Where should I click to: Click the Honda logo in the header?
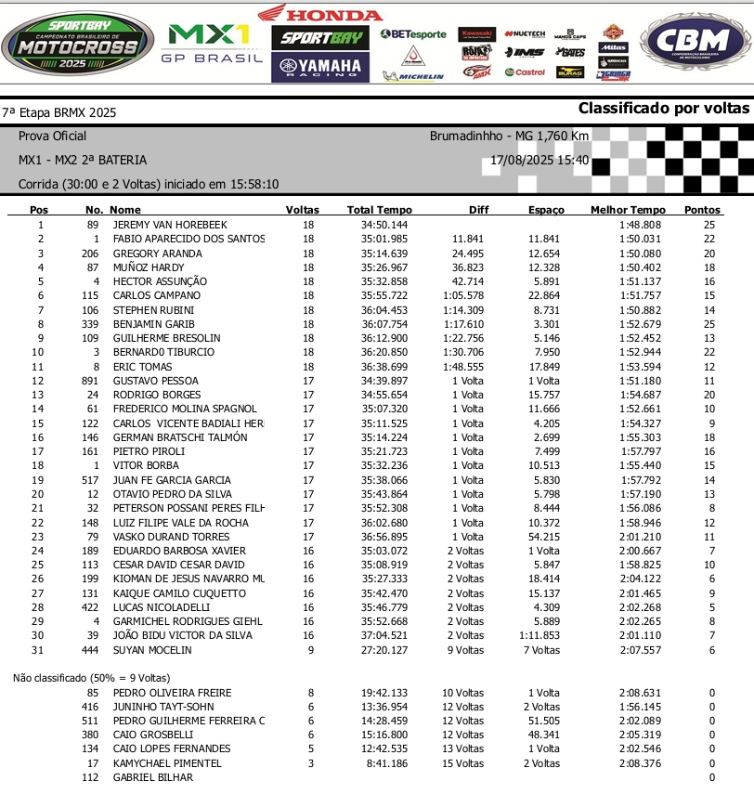[x=319, y=14]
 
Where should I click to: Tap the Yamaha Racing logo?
[x=319, y=66]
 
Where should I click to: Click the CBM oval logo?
[x=695, y=44]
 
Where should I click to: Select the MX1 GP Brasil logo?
[x=207, y=44]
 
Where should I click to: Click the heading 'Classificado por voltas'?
[x=663, y=109]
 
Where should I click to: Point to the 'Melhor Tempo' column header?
[x=628, y=210]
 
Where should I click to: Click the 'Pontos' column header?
[x=702, y=210]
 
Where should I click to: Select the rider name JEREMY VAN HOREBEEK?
[x=170, y=225]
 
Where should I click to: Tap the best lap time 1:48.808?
[x=641, y=225]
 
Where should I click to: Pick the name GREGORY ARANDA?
[x=157, y=254]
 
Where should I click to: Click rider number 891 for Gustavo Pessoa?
[x=90, y=381]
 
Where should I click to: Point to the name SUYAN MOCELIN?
[x=152, y=650]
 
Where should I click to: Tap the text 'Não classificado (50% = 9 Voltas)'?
[x=91, y=678]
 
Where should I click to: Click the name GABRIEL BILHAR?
[x=153, y=777]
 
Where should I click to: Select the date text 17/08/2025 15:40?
[x=539, y=160]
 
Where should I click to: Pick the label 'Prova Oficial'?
[x=52, y=136]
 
